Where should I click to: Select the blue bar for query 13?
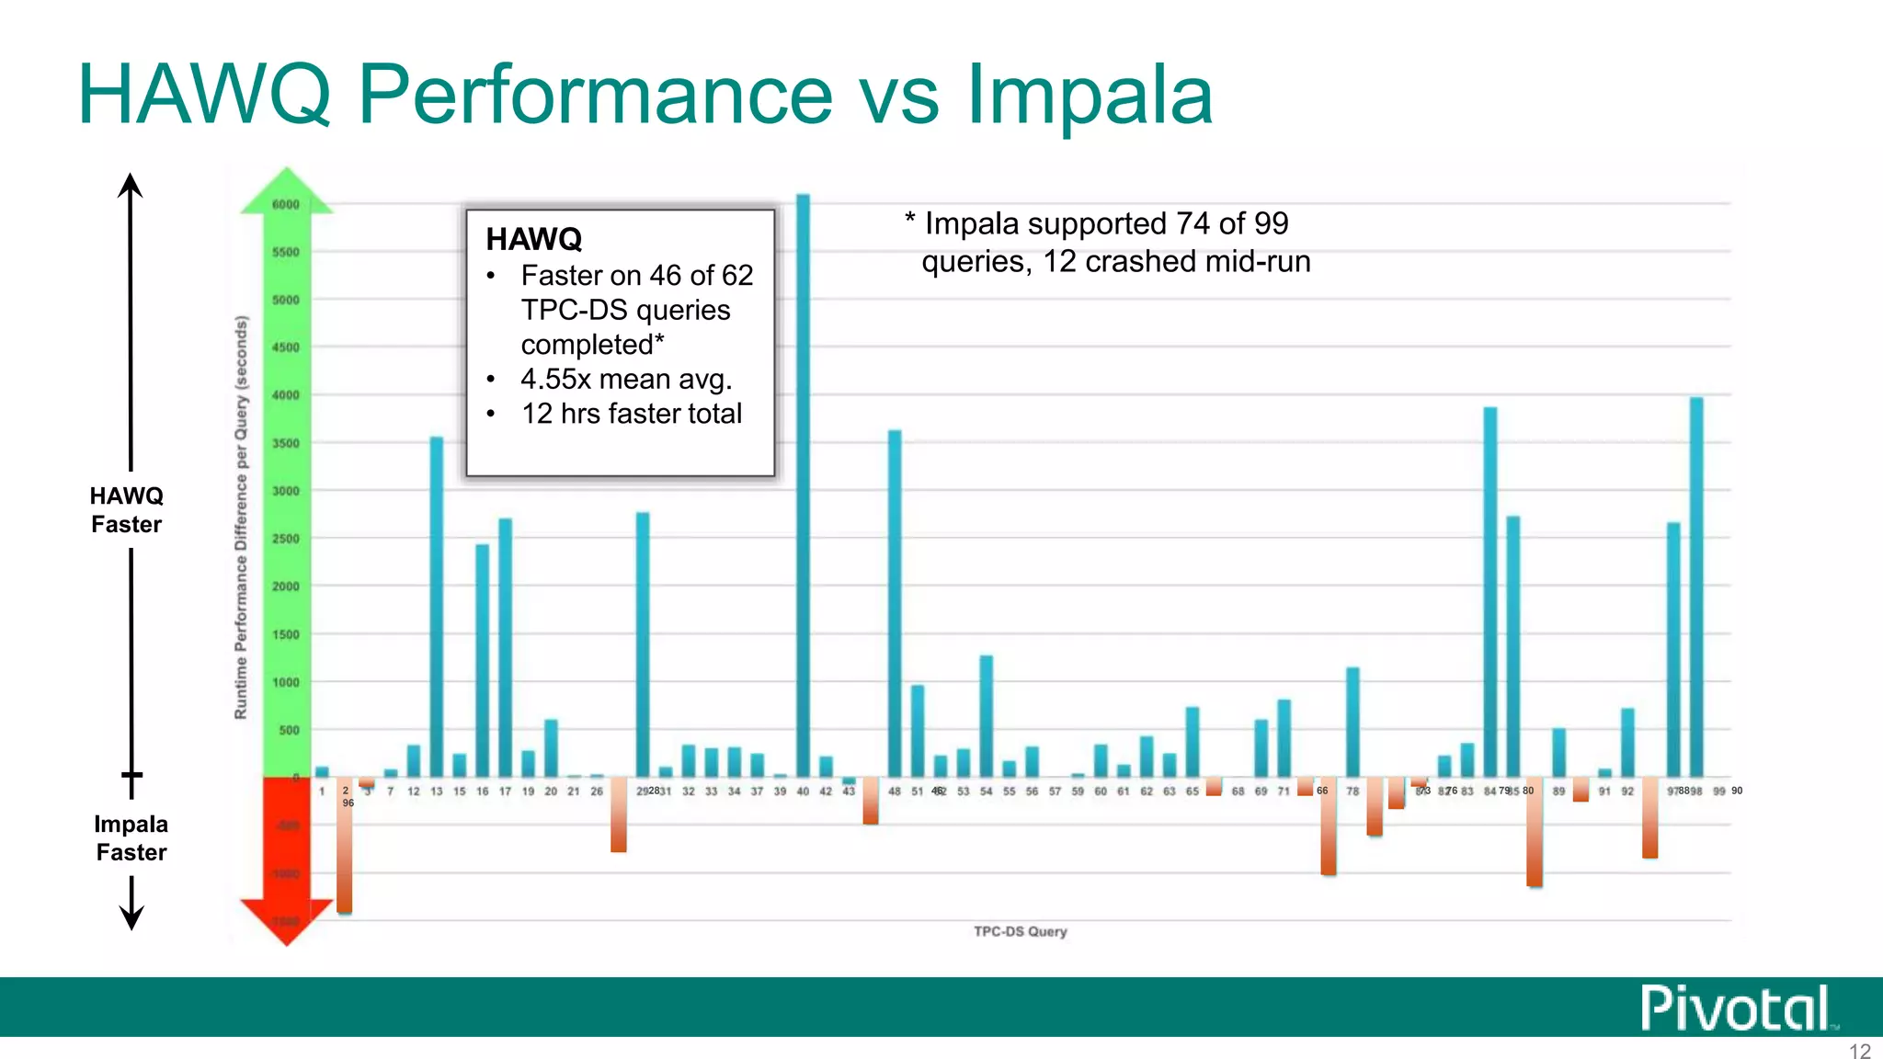coord(437,607)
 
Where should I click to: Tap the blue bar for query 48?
coord(895,603)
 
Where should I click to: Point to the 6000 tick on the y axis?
coord(285,204)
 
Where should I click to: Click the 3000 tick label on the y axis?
coord(285,491)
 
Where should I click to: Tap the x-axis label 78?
coord(1352,791)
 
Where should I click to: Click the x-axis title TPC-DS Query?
coord(1021,931)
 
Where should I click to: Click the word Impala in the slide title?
coord(1090,94)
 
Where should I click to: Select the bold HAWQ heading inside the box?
coord(534,239)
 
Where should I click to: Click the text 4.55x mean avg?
coord(626,379)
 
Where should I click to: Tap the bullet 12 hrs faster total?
coord(631,414)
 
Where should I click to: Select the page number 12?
coord(1859,1051)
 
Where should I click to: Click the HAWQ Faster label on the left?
coord(127,510)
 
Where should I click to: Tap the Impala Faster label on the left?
coord(131,837)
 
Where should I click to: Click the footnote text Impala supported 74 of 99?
coord(1106,223)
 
